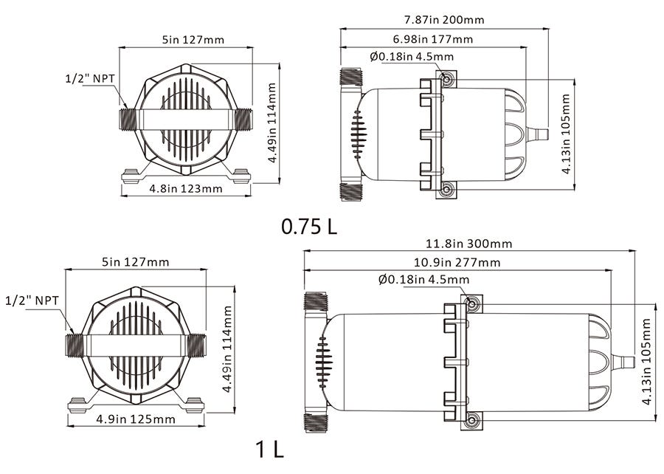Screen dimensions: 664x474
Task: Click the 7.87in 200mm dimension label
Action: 444,19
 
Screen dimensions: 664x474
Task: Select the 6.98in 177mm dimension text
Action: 433,39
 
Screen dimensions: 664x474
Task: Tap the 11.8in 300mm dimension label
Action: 468,244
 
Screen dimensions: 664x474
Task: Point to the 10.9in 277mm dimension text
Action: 457,263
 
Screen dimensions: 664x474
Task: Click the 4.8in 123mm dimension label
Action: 186,188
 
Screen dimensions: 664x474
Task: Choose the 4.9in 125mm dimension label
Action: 136,419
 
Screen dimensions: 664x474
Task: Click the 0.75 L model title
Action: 309,227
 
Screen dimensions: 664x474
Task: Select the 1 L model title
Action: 269,449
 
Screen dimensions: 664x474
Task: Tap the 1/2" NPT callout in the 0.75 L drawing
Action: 90,78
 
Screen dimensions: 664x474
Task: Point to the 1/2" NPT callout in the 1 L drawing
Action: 32,300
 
